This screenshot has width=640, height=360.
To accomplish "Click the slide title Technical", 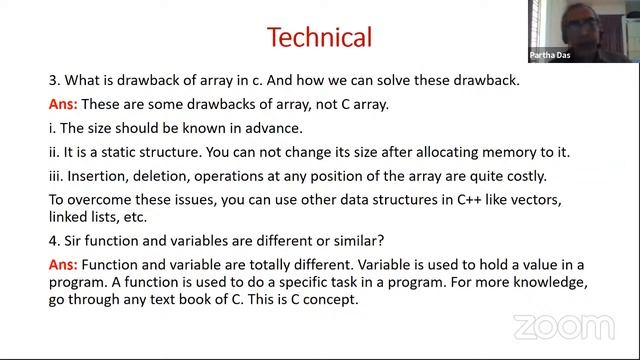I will (319, 37).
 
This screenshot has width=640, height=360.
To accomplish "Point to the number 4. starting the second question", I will (54, 241).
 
